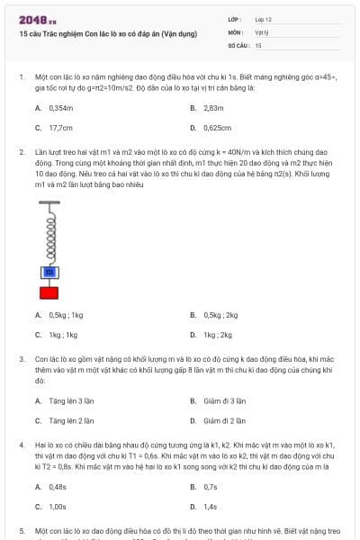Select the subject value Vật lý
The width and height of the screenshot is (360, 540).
coord(261,31)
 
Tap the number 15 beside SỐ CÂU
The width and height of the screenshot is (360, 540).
coord(258,44)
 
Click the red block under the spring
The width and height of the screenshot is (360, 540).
coord(49,292)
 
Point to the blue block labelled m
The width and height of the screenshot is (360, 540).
coord(49,271)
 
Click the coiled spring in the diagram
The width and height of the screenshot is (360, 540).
coord(49,237)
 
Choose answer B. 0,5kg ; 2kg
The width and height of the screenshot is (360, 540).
coord(214,315)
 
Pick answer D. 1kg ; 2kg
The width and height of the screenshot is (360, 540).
coord(211,335)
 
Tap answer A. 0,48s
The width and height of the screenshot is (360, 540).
coord(51,486)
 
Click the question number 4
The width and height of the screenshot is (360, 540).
coord(22,445)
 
